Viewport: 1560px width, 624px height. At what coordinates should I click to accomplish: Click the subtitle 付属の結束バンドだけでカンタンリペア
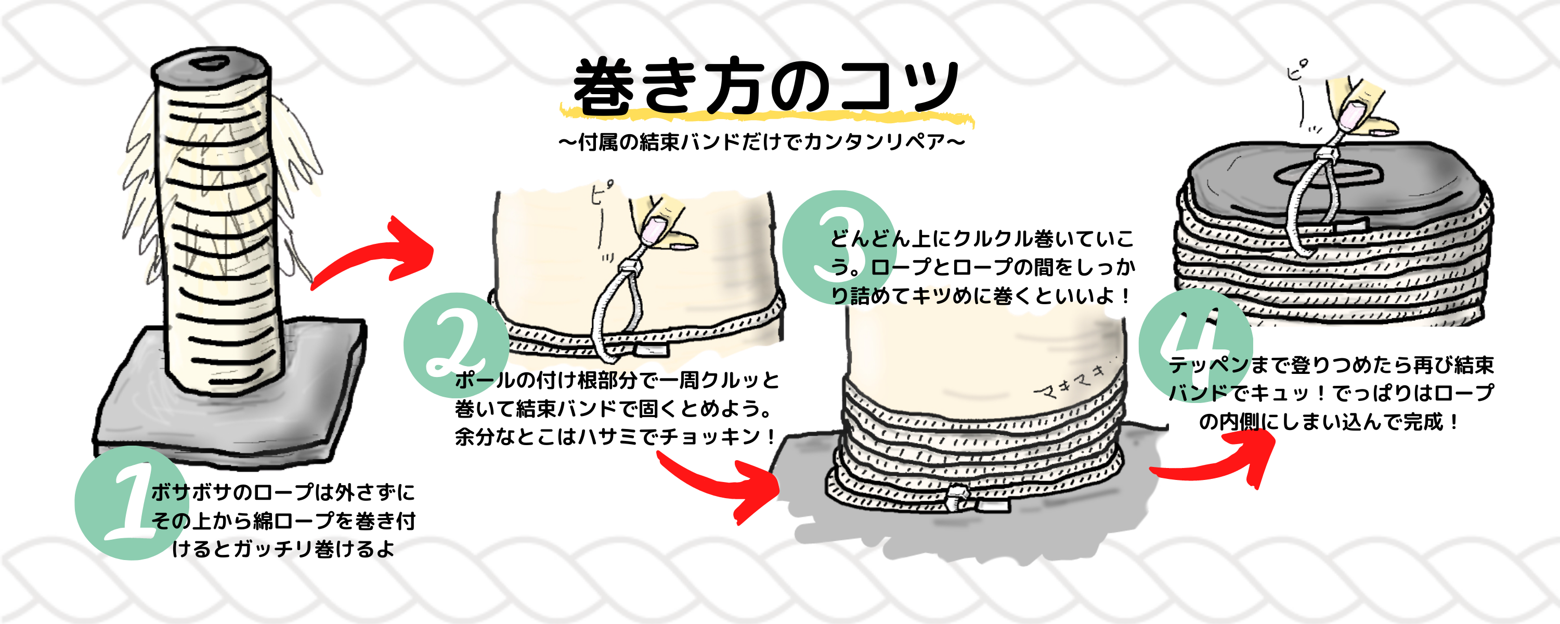761,142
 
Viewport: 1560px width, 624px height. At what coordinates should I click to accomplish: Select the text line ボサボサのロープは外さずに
283,492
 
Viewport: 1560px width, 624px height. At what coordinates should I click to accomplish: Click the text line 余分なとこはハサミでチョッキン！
614,436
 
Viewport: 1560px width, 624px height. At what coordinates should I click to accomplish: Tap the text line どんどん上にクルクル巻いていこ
981,239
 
